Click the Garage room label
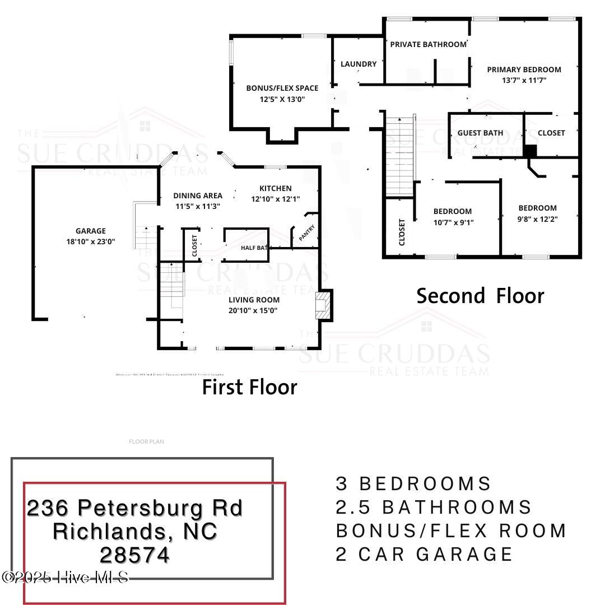pos(91,231)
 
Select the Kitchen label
pos(275,188)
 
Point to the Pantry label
pos(306,233)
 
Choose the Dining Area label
pos(197,196)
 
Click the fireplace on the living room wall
pos(324,305)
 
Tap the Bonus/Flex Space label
pos(282,88)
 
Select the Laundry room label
pos(359,64)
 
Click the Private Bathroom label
pos(428,44)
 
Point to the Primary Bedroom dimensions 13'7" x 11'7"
pos(524,80)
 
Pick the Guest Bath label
pos(480,133)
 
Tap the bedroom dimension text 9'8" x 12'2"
pos(537,218)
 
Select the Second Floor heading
pos(480,296)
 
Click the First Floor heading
pos(249,387)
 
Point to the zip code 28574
pos(134,555)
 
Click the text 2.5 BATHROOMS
pos(434,507)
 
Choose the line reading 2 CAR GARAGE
pos(424,554)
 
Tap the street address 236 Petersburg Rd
pos(134,508)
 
